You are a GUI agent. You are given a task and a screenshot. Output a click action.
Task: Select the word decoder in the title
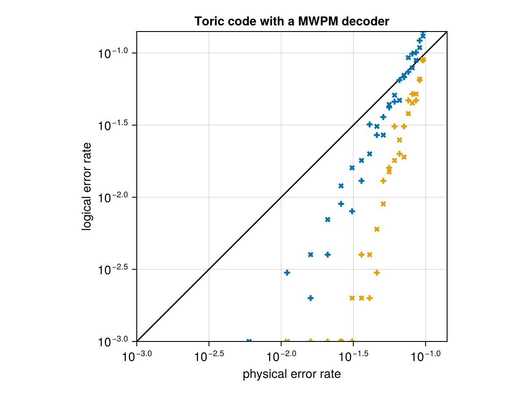367,21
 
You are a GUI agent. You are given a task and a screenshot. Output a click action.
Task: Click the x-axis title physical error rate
291,374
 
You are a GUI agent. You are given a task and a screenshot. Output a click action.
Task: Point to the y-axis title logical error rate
87,186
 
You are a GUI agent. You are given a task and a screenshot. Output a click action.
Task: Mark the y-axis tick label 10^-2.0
113,198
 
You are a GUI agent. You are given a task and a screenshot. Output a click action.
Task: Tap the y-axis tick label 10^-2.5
113,270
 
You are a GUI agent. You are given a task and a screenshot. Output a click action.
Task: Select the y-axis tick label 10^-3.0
113,341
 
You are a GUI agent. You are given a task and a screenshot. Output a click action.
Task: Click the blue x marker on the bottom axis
249,341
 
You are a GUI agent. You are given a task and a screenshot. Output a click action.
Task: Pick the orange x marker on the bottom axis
287,341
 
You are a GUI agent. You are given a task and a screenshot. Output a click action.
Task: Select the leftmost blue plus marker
287,272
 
